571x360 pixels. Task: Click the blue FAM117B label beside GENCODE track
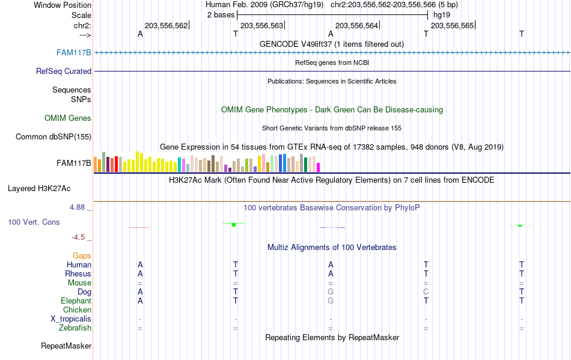click(x=74, y=52)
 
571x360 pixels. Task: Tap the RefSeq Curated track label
click(x=64, y=71)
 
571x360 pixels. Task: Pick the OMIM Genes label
click(x=68, y=118)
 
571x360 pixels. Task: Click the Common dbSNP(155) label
click(x=53, y=136)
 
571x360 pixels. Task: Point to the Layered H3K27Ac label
click(x=39, y=188)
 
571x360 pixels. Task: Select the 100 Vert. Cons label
click(x=34, y=222)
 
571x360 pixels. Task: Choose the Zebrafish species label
click(x=75, y=328)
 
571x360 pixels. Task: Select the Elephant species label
click(x=76, y=301)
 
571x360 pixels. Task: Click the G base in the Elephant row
click(x=331, y=301)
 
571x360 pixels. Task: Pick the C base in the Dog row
click(x=426, y=292)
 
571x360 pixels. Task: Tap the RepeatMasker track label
click(x=66, y=346)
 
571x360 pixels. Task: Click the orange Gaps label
click(x=82, y=256)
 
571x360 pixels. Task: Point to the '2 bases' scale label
click(x=221, y=14)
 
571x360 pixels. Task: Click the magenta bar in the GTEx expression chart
click(x=319, y=166)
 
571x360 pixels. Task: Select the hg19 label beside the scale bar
click(x=441, y=14)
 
